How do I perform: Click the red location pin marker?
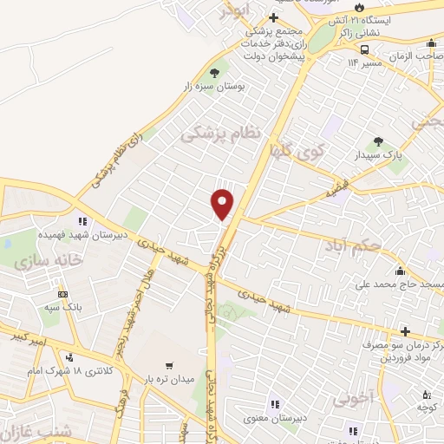[x=223, y=204]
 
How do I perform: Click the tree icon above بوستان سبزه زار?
[x=215, y=73]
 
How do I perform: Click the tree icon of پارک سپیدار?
[x=377, y=141]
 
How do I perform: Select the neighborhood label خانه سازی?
[x=52, y=259]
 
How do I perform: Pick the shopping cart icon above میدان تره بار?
[x=169, y=365]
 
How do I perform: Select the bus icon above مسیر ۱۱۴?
[x=366, y=49]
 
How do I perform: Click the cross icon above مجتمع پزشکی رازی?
[x=273, y=17]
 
